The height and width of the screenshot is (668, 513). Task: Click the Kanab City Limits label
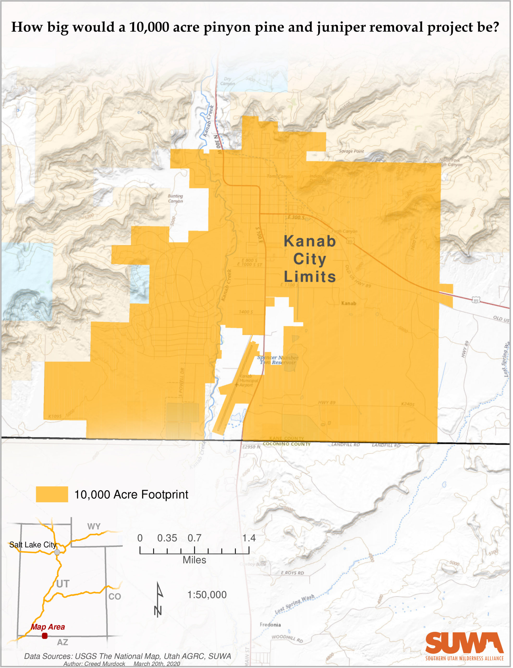click(x=310, y=259)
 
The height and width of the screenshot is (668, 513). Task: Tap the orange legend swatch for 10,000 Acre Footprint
click(x=52, y=494)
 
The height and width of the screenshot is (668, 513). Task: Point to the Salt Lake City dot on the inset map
click(x=57, y=552)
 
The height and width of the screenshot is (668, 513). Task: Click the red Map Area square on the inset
click(x=45, y=636)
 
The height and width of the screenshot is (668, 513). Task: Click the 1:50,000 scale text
click(x=207, y=595)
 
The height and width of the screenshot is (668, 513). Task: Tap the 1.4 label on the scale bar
click(x=249, y=538)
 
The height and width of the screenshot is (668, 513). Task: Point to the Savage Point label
click(x=351, y=151)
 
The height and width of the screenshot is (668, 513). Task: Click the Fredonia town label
click(x=270, y=625)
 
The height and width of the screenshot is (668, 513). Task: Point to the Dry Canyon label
click(x=228, y=81)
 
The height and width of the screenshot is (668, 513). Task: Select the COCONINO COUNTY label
click(x=286, y=444)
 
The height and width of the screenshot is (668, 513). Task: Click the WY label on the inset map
click(x=94, y=527)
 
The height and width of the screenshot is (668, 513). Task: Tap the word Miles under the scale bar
click(x=194, y=560)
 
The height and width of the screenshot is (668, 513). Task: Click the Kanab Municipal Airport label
click(x=249, y=380)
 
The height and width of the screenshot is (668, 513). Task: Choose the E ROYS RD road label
click(x=292, y=573)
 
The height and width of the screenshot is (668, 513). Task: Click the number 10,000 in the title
click(x=149, y=27)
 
